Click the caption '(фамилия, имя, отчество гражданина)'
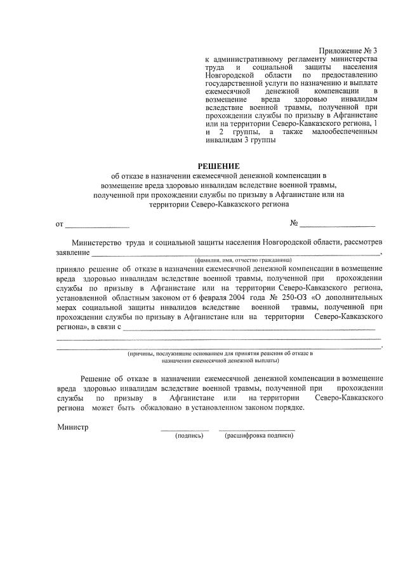point(243,260)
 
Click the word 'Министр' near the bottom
point(72,427)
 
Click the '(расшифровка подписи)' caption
point(259,436)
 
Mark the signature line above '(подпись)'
point(185,430)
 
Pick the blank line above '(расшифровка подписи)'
point(256,430)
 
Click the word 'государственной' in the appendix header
point(233,83)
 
